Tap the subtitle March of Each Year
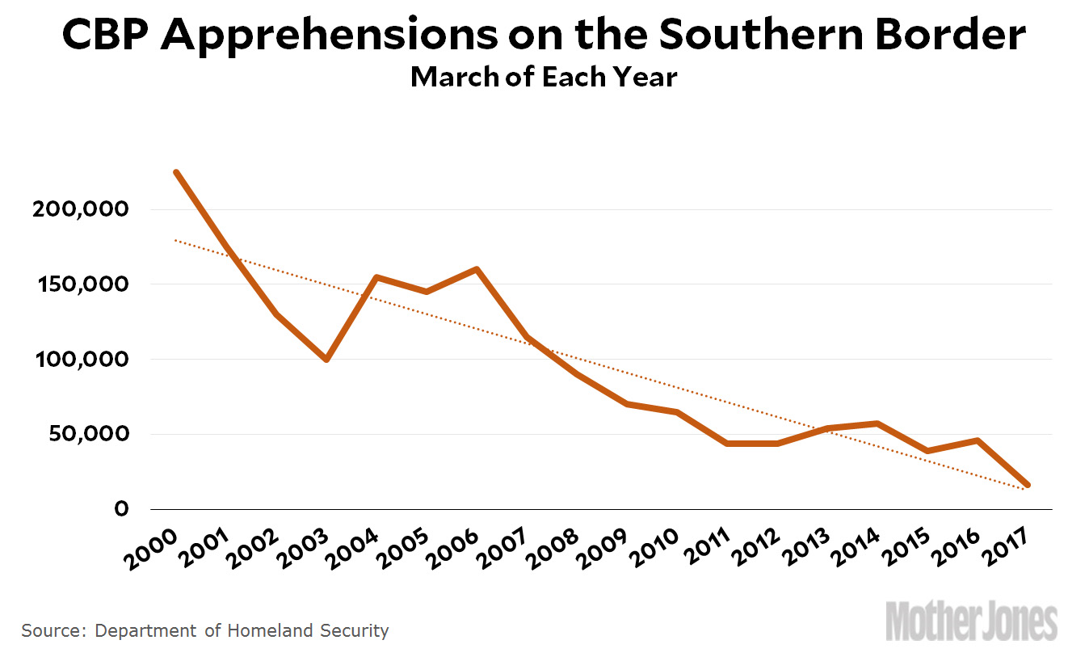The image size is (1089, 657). [544, 78]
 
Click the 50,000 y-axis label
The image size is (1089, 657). [89, 434]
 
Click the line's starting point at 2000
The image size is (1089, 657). [176, 172]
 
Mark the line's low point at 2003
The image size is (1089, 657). [326, 359]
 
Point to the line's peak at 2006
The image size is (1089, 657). [477, 269]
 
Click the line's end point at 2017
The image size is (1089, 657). [1028, 485]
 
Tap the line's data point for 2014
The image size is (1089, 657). [877, 423]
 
